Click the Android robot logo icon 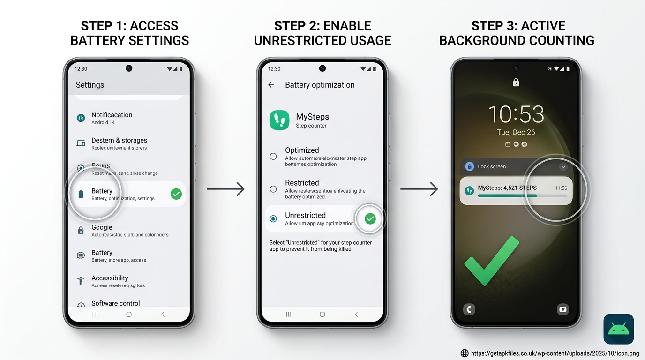tap(618, 329)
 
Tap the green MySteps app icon tap(279, 120)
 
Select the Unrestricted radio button tap(273, 219)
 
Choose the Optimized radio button tap(273, 157)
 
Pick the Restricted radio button tap(273, 189)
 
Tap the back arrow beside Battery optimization tap(271, 85)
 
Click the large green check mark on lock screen tap(491, 261)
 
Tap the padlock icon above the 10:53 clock tap(516, 82)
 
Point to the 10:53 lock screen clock tap(516, 114)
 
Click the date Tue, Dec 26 tap(516, 132)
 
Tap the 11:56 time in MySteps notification tap(561, 188)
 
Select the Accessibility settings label tap(110, 278)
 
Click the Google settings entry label tap(102, 227)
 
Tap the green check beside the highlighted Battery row tap(176, 194)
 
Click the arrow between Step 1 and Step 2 tap(225, 189)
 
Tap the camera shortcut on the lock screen tap(562, 309)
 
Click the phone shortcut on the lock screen tap(469, 309)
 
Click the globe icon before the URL tap(465, 353)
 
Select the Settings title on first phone tap(90, 85)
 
